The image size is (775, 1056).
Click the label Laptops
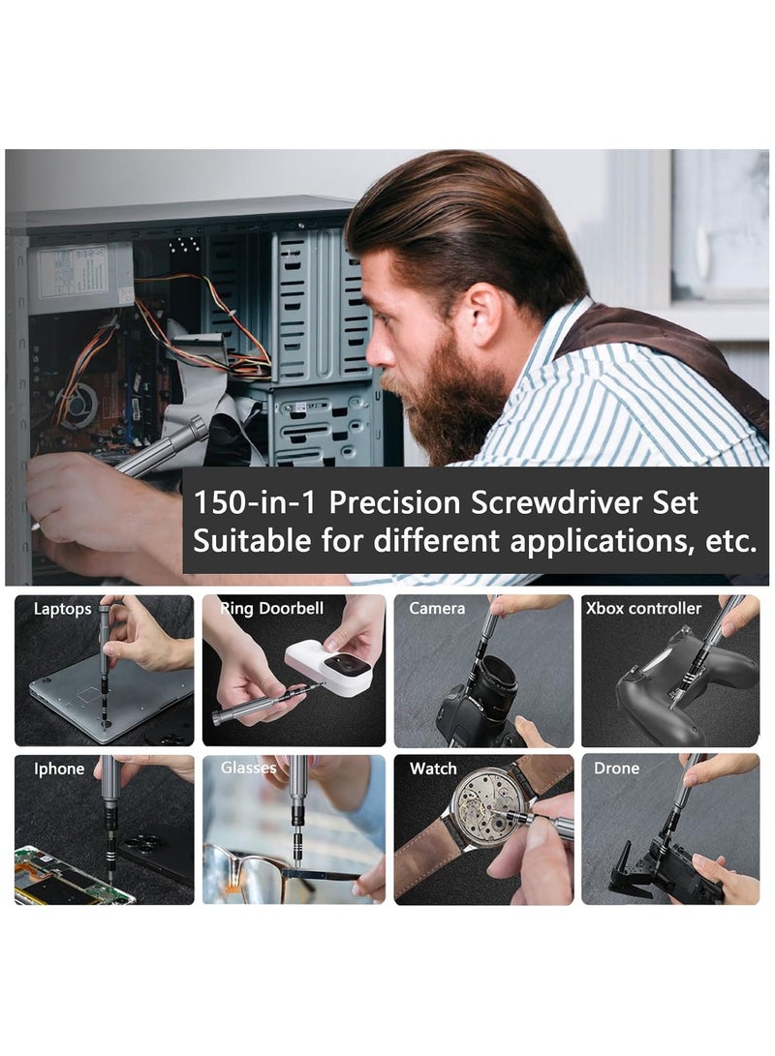point(62,609)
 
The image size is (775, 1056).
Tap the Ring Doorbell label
point(271,609)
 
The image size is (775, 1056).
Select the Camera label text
point(437,609)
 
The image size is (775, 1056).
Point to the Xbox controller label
point(643,609)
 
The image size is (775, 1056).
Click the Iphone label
point(59,769)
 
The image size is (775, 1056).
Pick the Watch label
point(433,769)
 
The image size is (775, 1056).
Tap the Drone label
point(616,769)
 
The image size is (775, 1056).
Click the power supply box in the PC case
point(80,277)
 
